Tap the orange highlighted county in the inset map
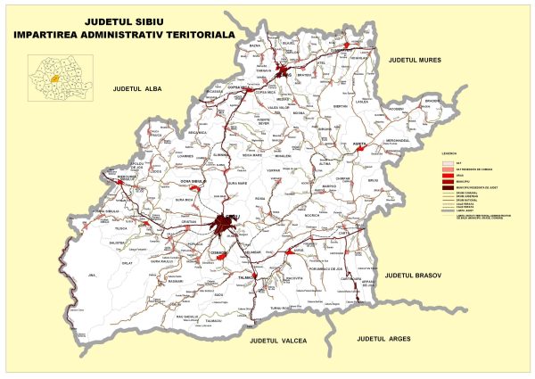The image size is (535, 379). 55,78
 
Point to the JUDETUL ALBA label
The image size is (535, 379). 135,90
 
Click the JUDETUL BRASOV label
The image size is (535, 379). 414,277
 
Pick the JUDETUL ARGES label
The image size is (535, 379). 385,340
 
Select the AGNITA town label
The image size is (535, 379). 360,144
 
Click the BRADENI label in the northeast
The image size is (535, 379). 433,101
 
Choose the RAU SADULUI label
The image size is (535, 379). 191,317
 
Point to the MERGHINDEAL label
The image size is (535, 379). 396,140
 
